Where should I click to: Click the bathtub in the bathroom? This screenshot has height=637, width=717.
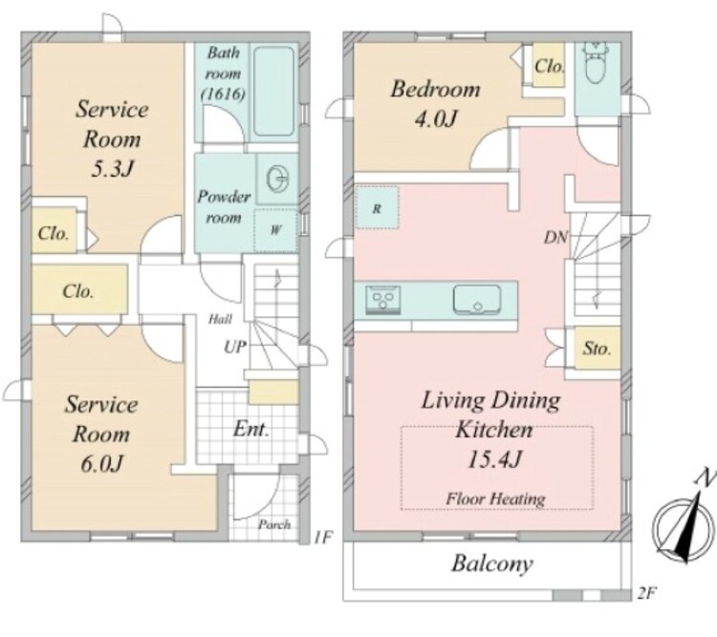coord(274,92)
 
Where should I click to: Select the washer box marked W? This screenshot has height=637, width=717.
coord(275,229)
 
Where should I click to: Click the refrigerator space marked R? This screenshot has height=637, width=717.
coord(377,208)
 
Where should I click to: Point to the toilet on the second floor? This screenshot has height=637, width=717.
coord(595,63)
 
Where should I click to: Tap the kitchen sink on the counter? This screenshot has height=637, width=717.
coord(477,300)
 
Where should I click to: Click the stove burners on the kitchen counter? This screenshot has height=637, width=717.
coord(383,300)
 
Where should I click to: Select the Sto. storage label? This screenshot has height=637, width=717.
coord(597,349)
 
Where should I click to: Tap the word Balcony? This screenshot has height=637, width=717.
coord(492,563)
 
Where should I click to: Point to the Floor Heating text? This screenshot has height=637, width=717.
coord(495,499)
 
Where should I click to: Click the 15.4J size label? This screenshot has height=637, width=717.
coord(494,459)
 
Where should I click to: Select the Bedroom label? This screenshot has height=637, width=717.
coord(435,89)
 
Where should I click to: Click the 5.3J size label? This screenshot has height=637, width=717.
coord(112,169)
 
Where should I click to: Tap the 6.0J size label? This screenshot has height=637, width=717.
coord(101,464)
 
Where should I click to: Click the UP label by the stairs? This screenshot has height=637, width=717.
coord(235,348)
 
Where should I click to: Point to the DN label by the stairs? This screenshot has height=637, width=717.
coord(555,237)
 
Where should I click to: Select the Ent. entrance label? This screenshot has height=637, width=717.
coord(251,429)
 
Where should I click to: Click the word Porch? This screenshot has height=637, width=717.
coord(274,524)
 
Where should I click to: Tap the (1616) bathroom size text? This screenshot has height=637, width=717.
coord(224,94)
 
